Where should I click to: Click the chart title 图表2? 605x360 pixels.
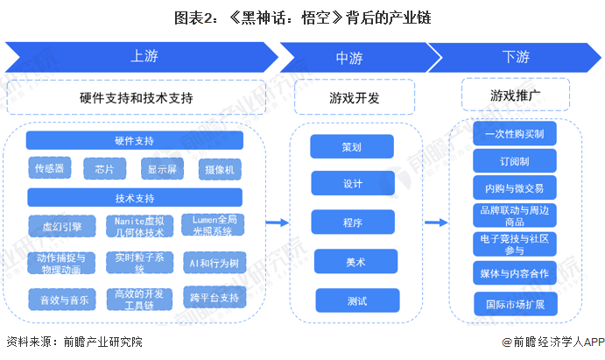302,17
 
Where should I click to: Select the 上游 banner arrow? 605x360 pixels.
144,57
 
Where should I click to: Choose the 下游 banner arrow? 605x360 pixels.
516,57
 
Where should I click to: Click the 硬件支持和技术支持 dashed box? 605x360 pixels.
136,97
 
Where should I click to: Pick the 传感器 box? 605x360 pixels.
50,168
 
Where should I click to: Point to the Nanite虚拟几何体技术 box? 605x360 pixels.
135,225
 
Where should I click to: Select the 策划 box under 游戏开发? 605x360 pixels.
352,146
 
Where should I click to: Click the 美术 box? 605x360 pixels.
352,261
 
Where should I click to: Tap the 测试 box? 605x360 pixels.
352,300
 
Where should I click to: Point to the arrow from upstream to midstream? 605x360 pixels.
277,223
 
